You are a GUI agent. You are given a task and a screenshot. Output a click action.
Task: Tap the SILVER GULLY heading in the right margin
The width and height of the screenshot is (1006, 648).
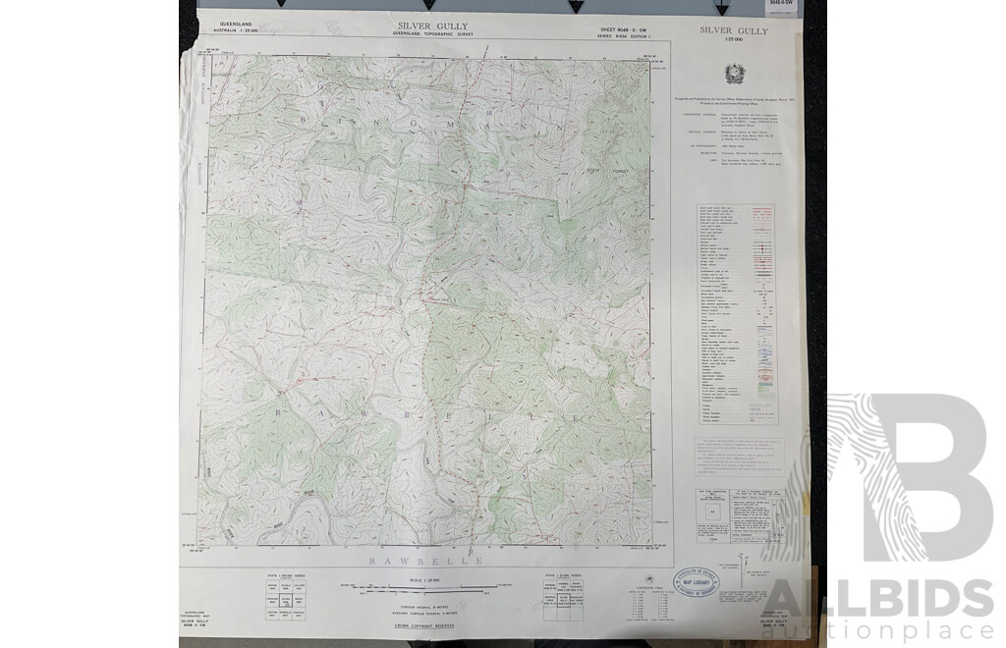[734, 30]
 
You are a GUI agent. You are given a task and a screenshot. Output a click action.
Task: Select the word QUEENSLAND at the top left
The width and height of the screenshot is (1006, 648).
[239, 21]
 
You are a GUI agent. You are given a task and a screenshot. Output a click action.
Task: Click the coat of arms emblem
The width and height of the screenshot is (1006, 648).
[733, 75]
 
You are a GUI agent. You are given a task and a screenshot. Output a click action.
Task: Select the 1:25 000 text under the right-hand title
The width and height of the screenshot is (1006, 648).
[734, 40]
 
